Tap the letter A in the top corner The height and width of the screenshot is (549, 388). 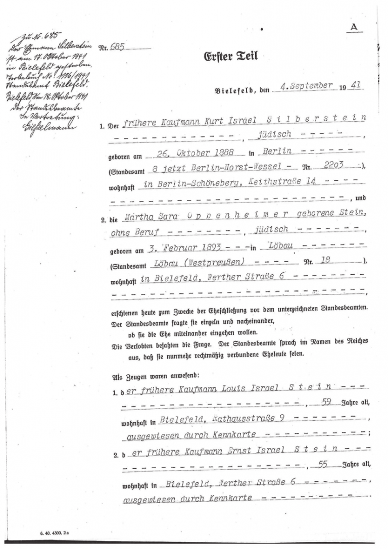click(356, 27)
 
